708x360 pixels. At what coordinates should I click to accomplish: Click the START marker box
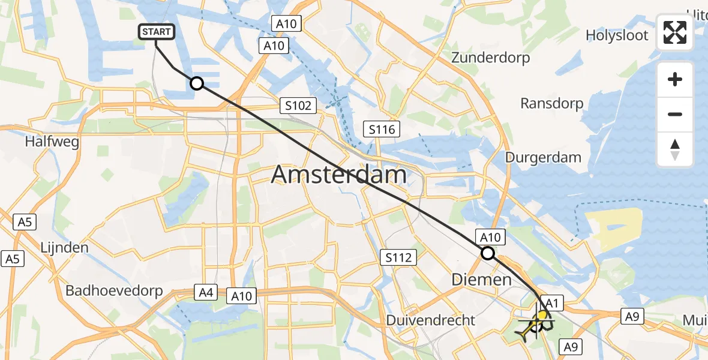coord(157,32)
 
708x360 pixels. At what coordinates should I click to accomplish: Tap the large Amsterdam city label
coord(339,175)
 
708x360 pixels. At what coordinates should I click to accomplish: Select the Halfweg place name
coord(52,142)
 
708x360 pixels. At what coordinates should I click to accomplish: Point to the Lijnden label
coord(64,248)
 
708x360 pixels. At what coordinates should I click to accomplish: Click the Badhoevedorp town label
coord(114,291)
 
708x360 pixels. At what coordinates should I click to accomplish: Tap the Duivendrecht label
coord(431,320)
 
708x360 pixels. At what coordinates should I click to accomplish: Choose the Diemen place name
coord(481,280)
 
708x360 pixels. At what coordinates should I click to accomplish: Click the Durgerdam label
coord(543,158)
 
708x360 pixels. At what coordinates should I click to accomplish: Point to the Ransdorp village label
coord(551,104)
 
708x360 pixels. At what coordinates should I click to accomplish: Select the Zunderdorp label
coord(491,58)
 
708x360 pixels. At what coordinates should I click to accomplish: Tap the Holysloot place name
coord(617,35)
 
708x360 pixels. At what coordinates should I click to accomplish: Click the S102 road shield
coord(298,106)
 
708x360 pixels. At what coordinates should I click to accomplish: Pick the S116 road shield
coord(382,129)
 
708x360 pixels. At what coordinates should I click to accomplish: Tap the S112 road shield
coord(399,258)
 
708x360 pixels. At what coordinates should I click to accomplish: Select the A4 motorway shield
coord(205,293)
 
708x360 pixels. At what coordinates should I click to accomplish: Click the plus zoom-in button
coord(675,80)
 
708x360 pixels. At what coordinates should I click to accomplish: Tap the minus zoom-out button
coord(675,114)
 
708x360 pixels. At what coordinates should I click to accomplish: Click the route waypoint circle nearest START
coord(197,83)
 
